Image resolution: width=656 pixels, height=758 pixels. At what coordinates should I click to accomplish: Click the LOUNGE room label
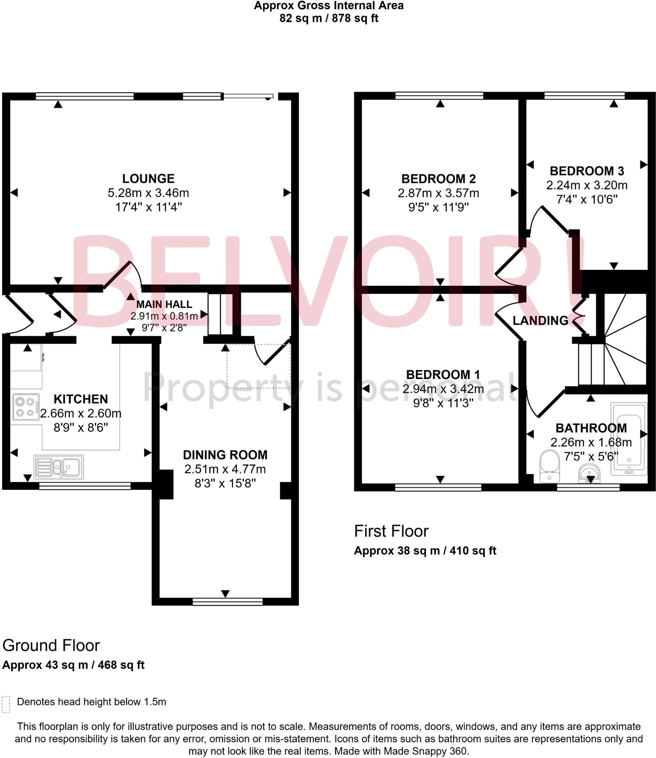pos(148,179)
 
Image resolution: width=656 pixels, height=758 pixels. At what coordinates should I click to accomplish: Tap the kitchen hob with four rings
pos(26,407)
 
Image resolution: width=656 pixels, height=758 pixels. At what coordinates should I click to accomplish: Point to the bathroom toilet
pos(550,466)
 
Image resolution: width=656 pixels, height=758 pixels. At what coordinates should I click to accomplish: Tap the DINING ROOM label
pos(225,455)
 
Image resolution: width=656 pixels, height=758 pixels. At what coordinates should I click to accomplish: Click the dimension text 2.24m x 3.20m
pos(587,185)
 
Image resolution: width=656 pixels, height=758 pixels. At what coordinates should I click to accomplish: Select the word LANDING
pos(540,321)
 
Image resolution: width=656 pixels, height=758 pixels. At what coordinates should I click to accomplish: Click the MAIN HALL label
pos(164,304)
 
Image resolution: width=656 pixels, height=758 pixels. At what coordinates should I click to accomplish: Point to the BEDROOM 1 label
pos(443,375)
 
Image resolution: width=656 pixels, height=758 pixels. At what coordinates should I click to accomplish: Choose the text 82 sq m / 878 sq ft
pos(329,18)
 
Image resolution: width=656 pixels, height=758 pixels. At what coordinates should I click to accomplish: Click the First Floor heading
pos(391,531)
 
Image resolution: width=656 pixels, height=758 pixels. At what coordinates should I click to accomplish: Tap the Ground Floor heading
pos(51,645)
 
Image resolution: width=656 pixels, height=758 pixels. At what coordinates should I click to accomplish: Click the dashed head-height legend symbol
pos(6,704)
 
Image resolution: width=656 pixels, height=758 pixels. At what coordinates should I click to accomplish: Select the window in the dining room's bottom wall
pos(228,602)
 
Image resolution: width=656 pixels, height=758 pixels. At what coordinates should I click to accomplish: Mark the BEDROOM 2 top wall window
pos(439,96)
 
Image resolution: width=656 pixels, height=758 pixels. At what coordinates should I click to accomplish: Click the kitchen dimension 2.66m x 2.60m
pos(81,413)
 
